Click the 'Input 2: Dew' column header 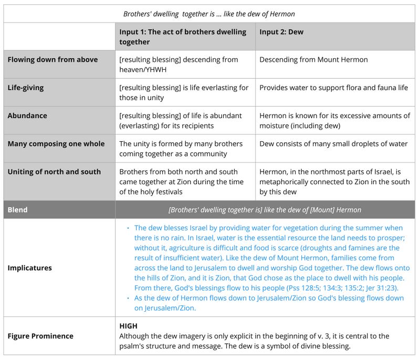(x=281, y=32)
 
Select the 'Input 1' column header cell (x=183, y=37)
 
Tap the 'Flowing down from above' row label (x=52, y=60)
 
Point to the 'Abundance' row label (x=27, y=116)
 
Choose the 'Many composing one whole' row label (x=56, y=144)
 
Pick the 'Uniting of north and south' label (x=54, y=172)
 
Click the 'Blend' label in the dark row (x=17, y=209)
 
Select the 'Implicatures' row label (x=29, y=268)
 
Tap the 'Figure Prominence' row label (x=40, y=336)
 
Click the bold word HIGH (x=128, y=326)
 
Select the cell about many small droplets (x=333, y=144)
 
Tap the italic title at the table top (x=209, y=14)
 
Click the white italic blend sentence (x=265, y=210)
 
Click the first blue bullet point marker (x=128, y=228)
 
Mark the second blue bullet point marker (x=128, y=299)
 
